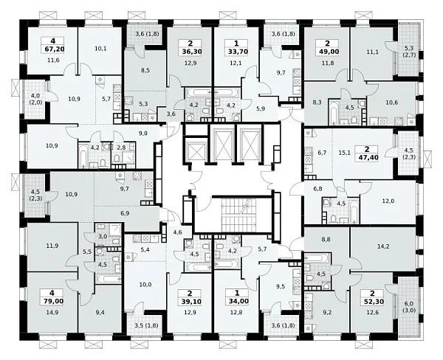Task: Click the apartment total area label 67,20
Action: pos(55,49)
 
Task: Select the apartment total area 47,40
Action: pos(367,157)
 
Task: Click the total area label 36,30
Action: pos(190,52)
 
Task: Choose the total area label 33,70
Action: pos(236,52)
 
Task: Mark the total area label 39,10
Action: pos(190,302)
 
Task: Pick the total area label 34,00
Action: pos(237,301)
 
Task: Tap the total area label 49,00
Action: pos(328,52)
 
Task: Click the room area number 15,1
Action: pos(345,153)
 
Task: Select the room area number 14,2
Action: pos(383,246)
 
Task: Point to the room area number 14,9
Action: pos(53,312)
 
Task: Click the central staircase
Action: pos(238,215)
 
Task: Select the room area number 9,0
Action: pos(143,133)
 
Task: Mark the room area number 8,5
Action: pos(145,70)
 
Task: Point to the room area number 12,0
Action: pos(388,201)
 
